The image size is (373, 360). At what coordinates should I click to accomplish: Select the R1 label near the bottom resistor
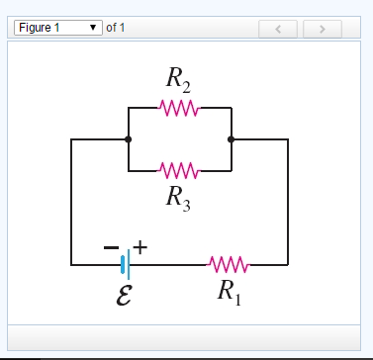pos(229,291)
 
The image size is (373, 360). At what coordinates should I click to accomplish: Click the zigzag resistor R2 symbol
pos(180,107)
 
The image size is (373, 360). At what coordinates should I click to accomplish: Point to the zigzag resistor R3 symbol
pos(180,171)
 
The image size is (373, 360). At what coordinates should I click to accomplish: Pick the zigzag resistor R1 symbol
pos(229,264)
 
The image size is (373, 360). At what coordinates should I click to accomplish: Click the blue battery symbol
pos(124,264)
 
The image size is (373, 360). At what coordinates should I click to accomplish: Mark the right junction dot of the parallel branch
pos(231,139)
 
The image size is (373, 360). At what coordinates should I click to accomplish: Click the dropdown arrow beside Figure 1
pos(94,28)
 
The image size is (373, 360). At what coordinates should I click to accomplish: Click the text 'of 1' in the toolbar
pos(116,28)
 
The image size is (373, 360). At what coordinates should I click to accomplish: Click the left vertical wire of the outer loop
pos(71,203)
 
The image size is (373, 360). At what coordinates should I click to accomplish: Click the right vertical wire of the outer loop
pos(288,203)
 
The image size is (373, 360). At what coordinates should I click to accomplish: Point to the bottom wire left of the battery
pos(94,264)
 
